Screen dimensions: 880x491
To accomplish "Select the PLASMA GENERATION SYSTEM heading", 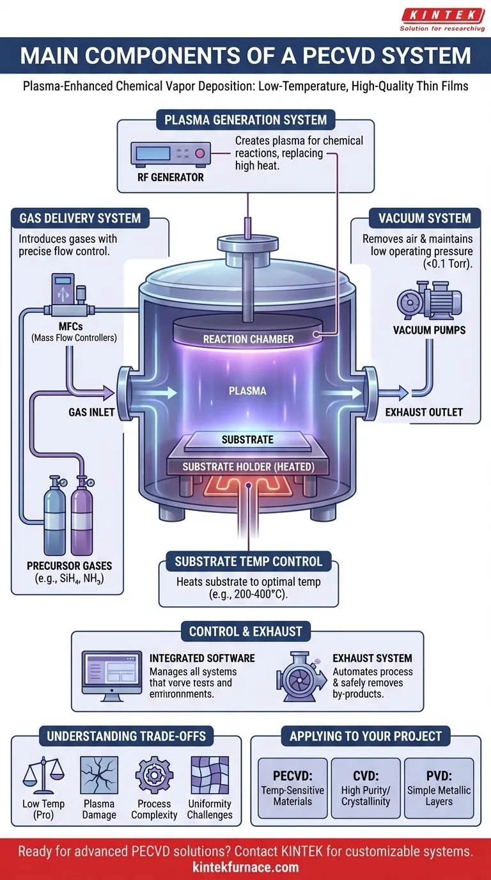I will pos(245,120).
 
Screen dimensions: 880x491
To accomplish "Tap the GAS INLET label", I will pos(91,412).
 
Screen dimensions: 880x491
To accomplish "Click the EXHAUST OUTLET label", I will pos(424,412).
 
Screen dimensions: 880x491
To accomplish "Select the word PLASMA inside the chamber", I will pos(249,390).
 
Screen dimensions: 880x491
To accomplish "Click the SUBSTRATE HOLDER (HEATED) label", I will pos(248,467).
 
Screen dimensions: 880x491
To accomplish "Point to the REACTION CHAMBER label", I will pos(248,339).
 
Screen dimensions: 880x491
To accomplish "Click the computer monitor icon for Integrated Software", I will pos(111,677).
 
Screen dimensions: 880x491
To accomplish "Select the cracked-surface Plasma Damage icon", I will pos(98,774).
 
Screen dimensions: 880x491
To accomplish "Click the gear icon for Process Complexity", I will pos(154,774).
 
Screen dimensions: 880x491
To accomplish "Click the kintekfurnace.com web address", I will pos(245,867).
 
